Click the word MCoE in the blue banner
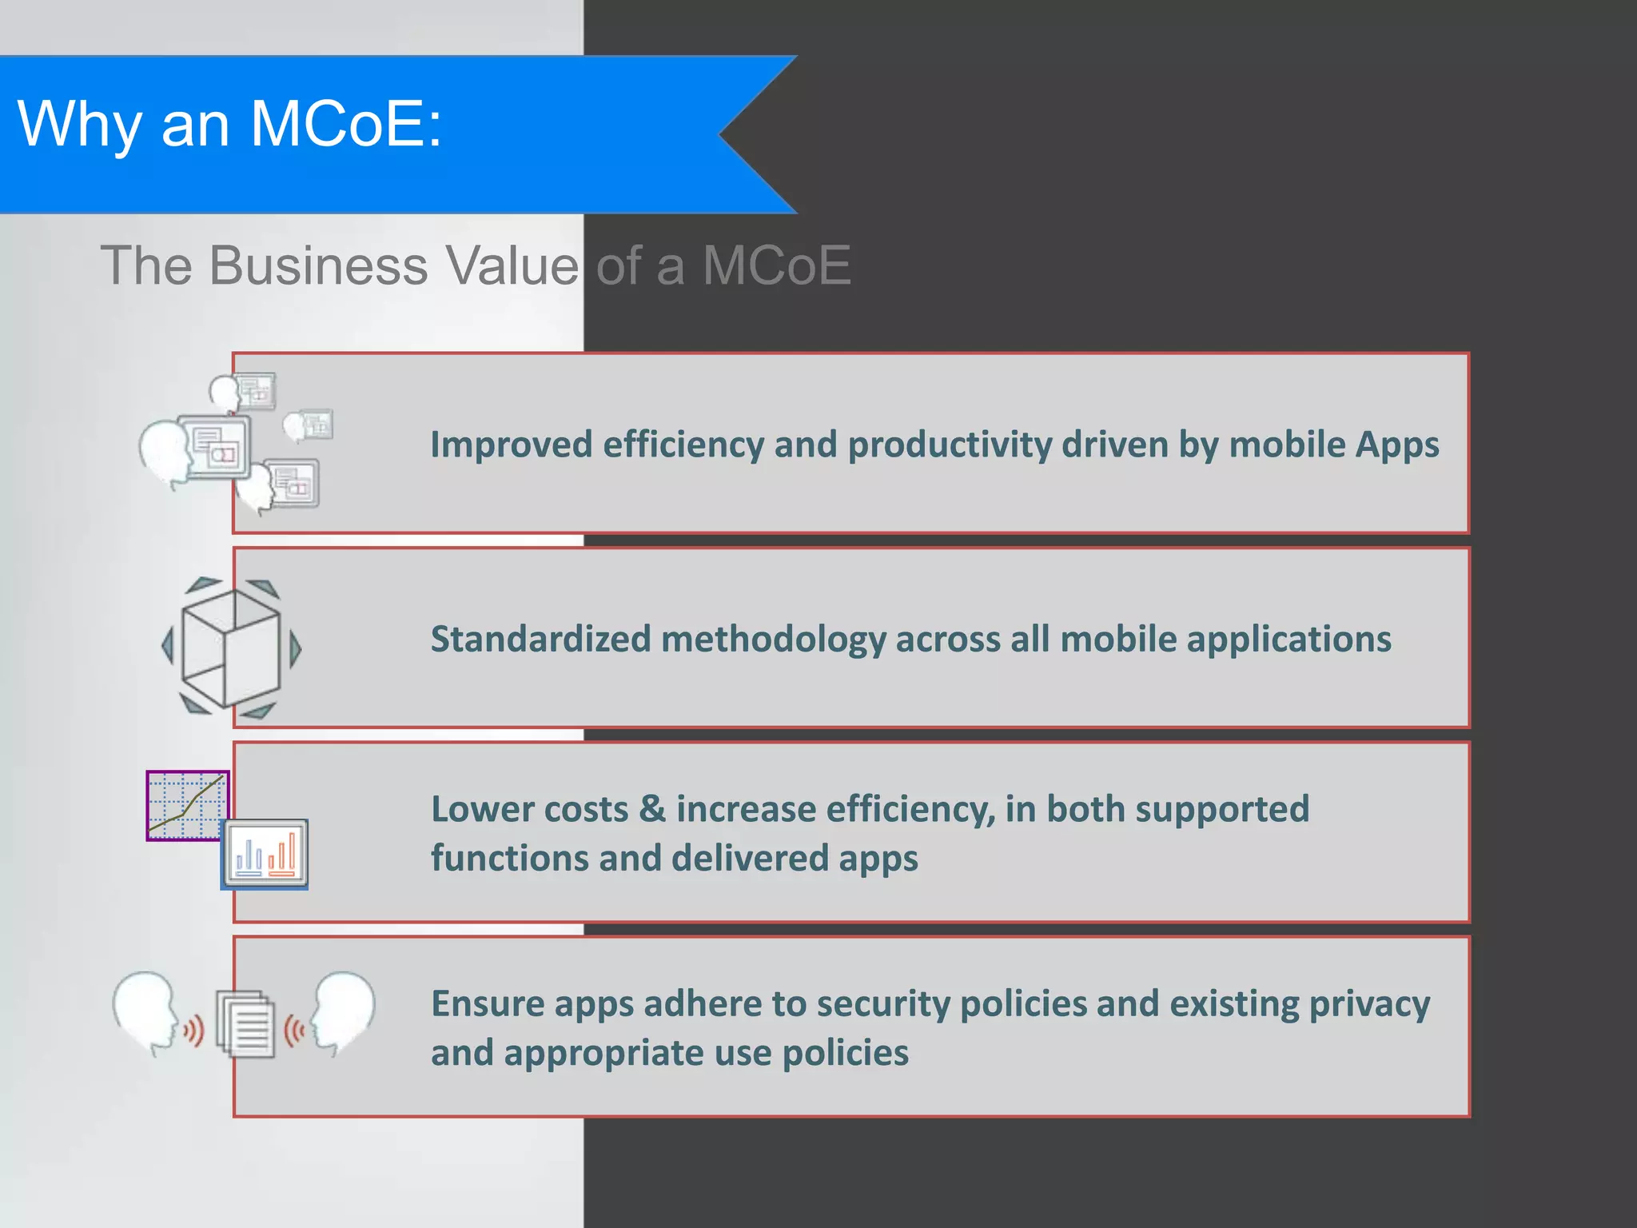(x=336, y=125)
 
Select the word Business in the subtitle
(x=319, y=265)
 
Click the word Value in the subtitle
(x=512, y=265)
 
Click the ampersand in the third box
(x=652, y=809)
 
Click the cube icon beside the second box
(x=231, y=648)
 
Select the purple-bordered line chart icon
(x=187, y=805)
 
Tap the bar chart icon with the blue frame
(x=265, y=854)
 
